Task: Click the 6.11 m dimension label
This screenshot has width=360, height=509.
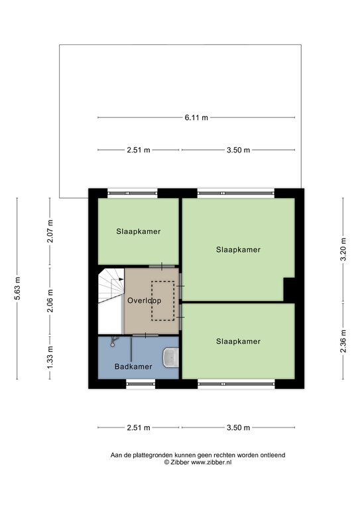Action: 196,117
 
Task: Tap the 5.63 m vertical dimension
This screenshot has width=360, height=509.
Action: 17,288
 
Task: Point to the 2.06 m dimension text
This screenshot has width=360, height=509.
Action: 50,301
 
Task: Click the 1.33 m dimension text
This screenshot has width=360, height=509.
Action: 50,357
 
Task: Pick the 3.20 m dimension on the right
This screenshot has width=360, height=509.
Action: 343,249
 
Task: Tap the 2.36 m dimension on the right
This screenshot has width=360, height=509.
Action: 343,341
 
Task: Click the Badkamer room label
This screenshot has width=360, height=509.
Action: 133,367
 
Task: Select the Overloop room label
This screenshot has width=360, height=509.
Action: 144,301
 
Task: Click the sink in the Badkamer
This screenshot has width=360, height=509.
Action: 171,357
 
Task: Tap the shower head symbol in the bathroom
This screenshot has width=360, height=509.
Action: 114,341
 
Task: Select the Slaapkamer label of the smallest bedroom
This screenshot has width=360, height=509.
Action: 139,231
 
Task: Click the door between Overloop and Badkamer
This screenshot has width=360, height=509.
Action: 145,335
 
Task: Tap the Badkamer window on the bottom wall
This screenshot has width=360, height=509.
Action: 141,384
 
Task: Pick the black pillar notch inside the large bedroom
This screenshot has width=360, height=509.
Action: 289,289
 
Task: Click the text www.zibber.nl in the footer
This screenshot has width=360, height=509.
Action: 211,463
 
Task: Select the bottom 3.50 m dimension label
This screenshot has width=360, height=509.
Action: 238,427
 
